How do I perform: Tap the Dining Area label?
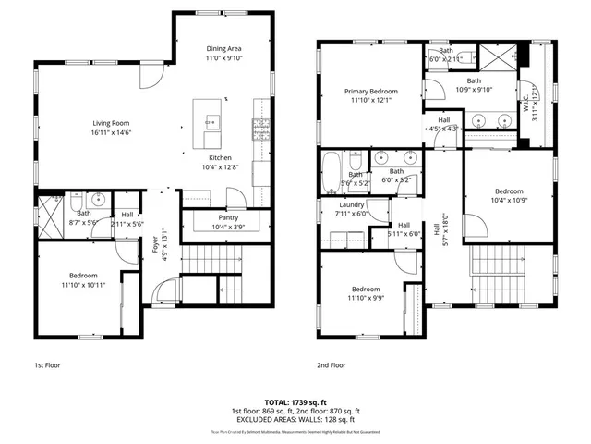[x=223, y=48]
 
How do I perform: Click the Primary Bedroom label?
[x=371, y=92]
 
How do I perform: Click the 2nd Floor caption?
[x=332, y=364]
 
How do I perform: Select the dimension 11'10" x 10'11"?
[x=83, y=284]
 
